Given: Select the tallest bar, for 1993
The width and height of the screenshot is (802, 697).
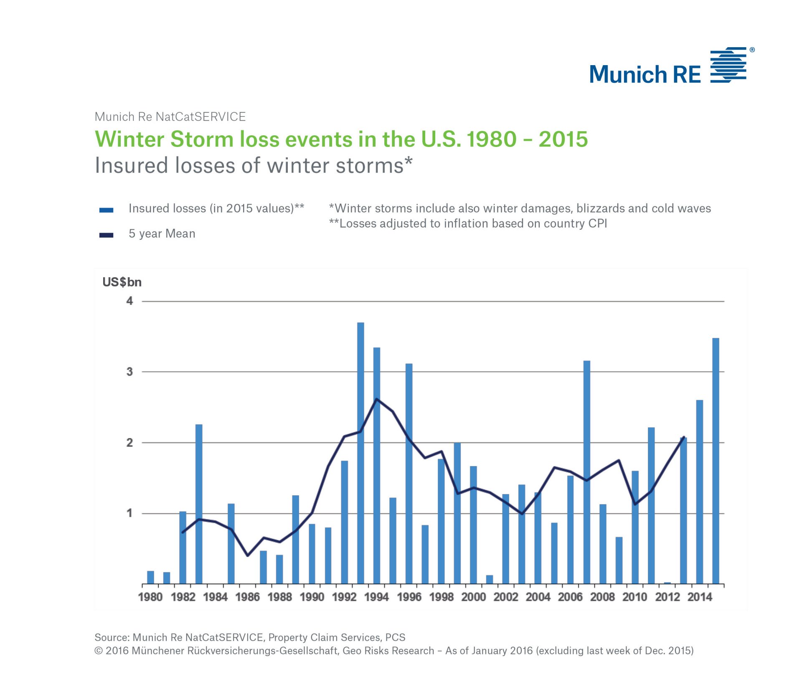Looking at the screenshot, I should point(360,453).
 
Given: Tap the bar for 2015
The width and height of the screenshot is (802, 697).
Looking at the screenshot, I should point(716,461).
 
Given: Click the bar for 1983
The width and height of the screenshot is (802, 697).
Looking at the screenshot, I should point(199,504).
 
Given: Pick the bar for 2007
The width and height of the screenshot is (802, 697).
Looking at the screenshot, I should point(586,472).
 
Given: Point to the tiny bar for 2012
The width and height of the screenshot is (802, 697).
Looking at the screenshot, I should point(667,583).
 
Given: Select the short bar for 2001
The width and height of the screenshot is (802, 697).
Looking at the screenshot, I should point(490,579).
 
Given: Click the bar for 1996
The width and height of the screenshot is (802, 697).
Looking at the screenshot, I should point(409,474).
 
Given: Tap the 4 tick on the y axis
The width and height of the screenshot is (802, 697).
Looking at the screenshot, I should point(130,301).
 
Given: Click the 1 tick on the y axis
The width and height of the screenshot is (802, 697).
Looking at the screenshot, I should point(130,513).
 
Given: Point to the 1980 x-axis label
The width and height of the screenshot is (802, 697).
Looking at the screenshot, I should point(150,597).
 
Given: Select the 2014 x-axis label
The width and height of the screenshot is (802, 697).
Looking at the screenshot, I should point(700,597).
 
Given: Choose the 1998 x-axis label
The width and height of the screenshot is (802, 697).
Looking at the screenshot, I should point(442,597).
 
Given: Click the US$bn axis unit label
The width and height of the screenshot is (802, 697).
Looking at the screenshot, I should point(122,282).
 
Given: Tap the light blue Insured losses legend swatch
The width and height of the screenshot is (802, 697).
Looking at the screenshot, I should point(106,210).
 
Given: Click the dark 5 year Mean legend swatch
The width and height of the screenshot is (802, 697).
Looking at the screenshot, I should point(106,235).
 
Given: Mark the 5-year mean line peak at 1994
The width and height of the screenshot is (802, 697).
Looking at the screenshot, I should point(377,399).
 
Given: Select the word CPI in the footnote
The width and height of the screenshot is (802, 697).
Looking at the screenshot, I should point(598,223).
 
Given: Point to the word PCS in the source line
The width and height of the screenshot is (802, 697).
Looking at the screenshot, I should point(395,637).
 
